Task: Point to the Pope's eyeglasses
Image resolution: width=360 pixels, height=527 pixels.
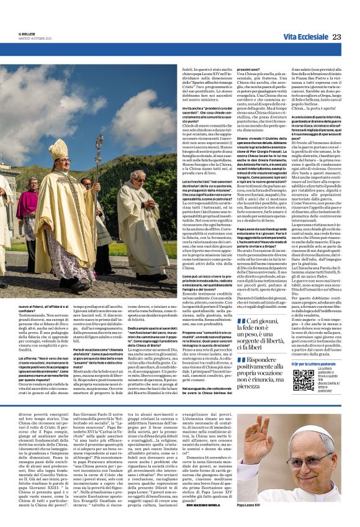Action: pos(320,458)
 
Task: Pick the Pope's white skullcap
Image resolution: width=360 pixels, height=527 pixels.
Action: pos(319,444)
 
